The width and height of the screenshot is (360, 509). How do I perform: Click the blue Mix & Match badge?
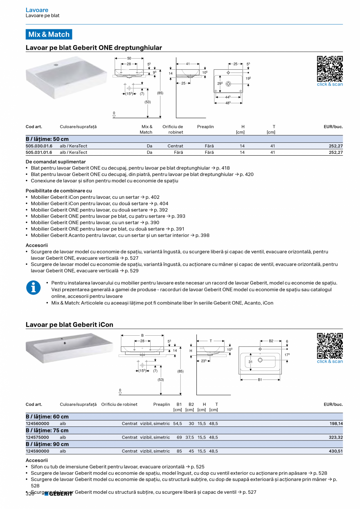point(49,34)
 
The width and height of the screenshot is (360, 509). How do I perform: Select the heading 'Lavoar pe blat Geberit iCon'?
point(69,325)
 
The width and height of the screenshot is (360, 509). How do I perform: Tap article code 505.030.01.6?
point(39,146)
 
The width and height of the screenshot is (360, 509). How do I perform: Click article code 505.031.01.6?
point(39,153)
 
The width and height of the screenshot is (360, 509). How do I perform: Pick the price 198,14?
point(336,424)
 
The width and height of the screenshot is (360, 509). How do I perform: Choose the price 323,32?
point(336,437)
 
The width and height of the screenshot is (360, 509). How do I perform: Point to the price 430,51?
point(336,451)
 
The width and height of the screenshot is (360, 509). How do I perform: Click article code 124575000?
point(38,437)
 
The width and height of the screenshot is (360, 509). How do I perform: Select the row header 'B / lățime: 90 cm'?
point(47,444)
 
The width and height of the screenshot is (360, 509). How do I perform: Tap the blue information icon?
point(33,288)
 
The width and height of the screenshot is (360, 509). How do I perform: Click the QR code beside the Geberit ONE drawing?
point(329,68)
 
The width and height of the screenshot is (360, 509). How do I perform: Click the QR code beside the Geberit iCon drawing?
point(329,345)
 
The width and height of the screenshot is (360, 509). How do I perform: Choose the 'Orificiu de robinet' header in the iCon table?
point(119,405)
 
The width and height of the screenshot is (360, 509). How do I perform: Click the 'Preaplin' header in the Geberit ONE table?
point(205,127)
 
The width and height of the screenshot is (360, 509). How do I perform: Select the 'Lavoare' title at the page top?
point(37,10)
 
